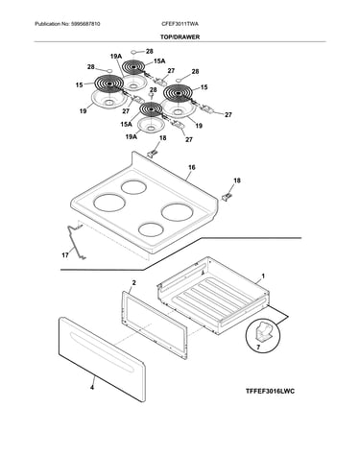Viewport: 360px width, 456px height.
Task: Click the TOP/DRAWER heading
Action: pos(180,36)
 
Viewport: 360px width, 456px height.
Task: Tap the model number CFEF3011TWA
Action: pos(180,24)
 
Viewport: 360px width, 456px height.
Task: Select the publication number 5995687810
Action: pos(85,24)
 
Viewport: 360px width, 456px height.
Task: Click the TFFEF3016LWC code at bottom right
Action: pos(270,391)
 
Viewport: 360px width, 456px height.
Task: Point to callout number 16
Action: pos(192,167)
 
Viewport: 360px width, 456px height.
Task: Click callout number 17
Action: pos(65,255)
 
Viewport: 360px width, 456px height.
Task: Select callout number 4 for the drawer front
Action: pos(92,388)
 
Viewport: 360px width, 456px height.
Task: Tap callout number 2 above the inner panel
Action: pos(133,282)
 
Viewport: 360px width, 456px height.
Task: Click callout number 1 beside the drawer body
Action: pos(263,276)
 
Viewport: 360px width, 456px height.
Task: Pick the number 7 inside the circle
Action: pos(258,347)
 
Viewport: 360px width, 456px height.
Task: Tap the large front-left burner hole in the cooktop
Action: pos(109,204)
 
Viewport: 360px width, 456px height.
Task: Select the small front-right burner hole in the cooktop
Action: pos(152,229)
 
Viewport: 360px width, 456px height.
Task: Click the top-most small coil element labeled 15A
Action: pos(134,67)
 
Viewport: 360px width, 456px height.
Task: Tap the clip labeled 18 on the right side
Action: pos(228,196)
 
